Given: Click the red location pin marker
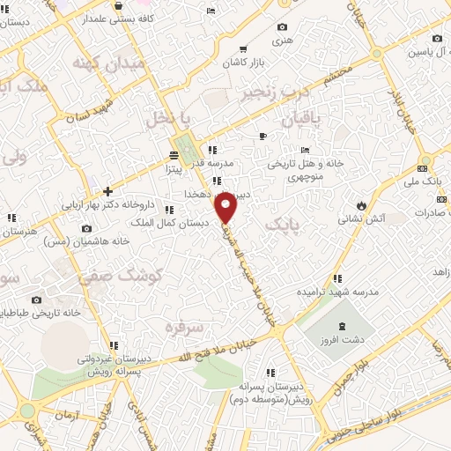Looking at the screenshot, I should (226, 209).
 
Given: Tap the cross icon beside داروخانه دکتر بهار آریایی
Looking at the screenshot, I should (107, 191).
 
